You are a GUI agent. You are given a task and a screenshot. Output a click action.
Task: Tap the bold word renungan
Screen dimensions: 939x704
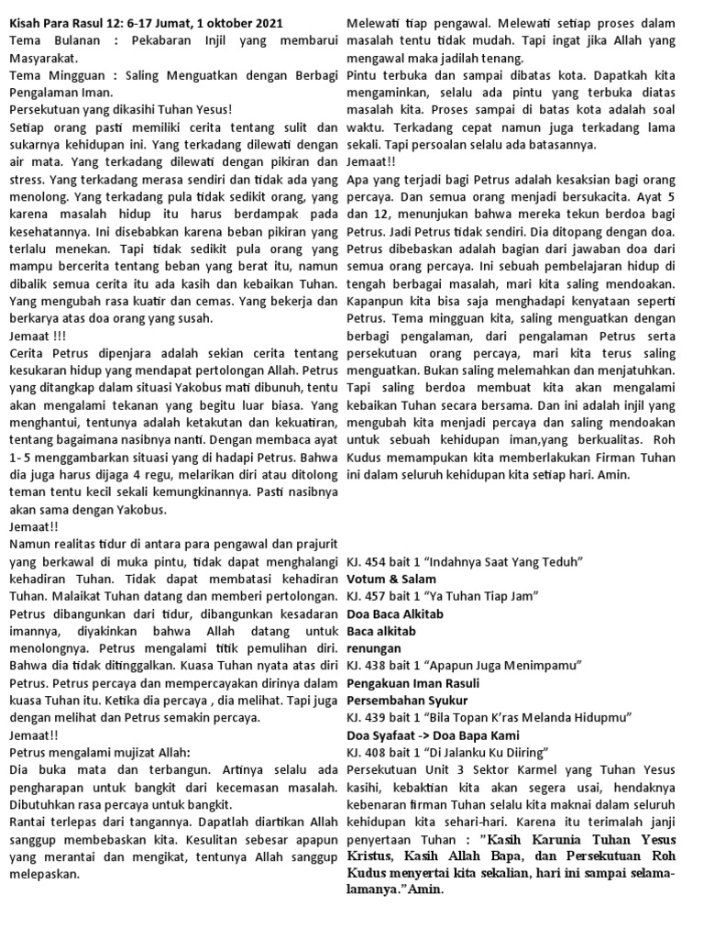tap(372, 647)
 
